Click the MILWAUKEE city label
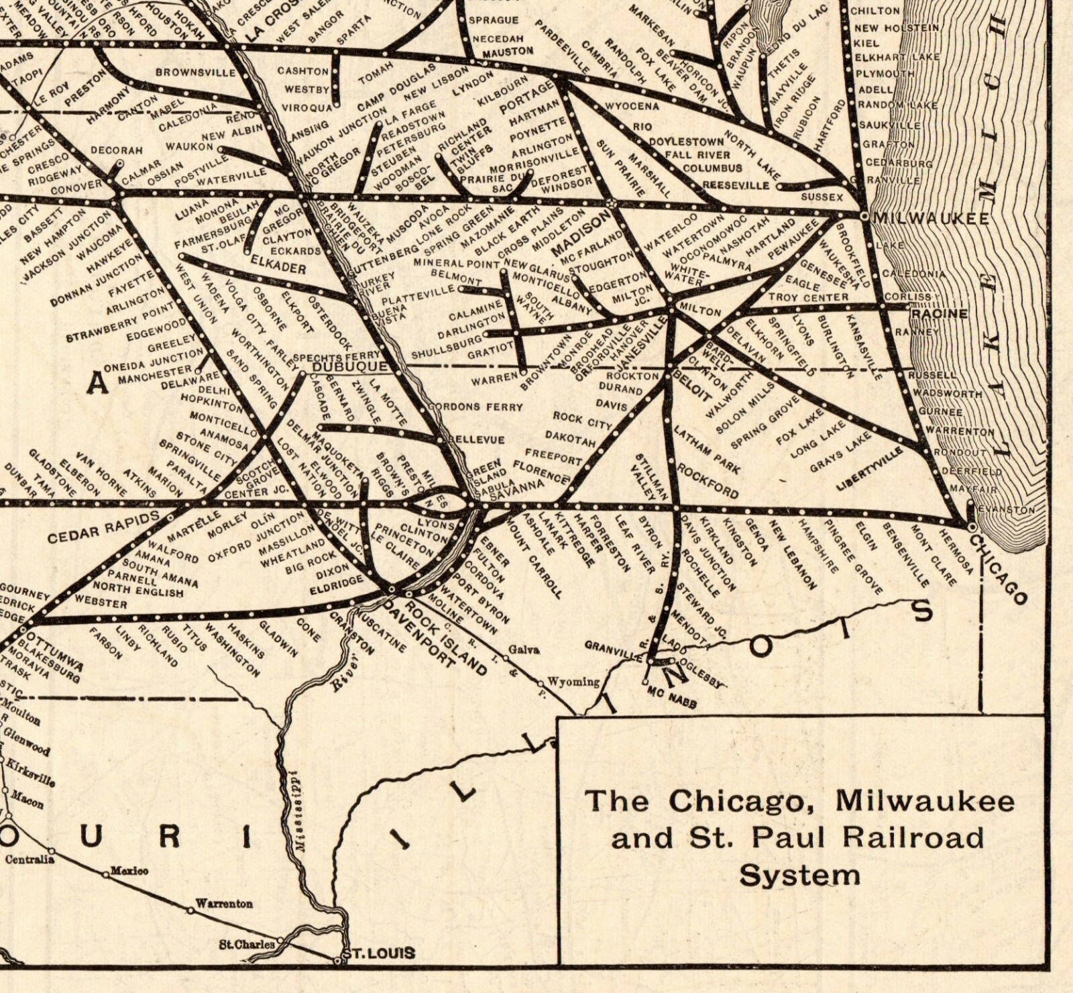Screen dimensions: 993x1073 (x=931, y=219)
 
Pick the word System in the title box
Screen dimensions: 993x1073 (x=799, y=876)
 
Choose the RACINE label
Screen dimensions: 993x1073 (x=939, y=314)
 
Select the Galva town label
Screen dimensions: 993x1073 (x=524, y=649)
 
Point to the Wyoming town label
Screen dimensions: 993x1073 (x=573, y=682)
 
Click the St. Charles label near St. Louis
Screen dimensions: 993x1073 (x=246, y=945)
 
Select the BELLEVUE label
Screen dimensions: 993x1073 (x=476, y=439)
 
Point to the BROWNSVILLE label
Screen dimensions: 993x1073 (x=195, y=72)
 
